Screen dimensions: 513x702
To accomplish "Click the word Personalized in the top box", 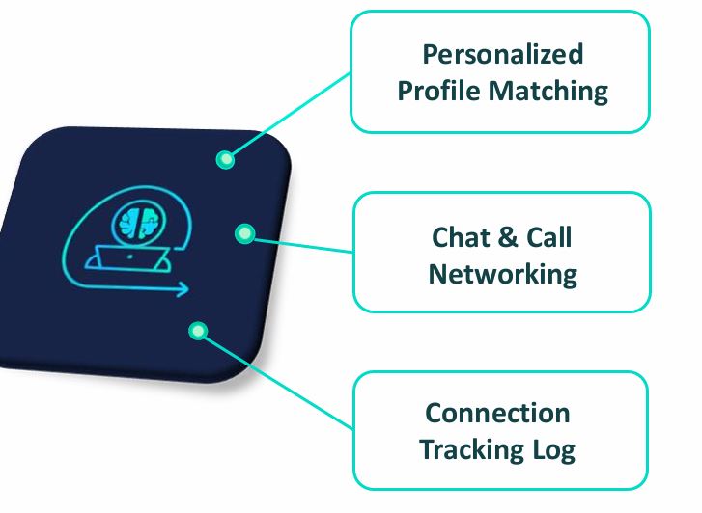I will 502,54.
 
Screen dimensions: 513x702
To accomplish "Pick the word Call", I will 547,237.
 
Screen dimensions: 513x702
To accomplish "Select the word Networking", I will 502,274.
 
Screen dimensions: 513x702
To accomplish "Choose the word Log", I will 555,450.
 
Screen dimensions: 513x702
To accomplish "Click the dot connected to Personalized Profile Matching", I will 225,160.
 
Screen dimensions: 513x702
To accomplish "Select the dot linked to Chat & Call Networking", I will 244,232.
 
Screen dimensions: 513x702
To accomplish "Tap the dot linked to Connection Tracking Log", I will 198,332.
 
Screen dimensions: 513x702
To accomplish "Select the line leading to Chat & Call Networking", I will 299,242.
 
